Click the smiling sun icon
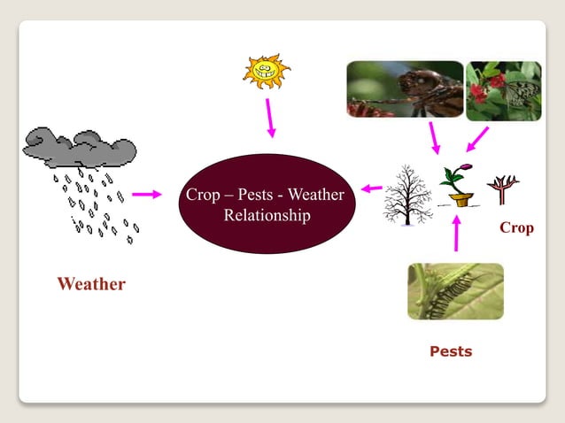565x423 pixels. [267, 71]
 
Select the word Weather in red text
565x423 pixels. [91, 284]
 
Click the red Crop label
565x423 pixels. [516, 227]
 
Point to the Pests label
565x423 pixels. [451, 351]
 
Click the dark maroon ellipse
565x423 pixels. [267, 204]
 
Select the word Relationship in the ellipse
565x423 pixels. [267, 216]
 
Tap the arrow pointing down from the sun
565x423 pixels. [268, 118]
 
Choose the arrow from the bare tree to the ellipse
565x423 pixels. [371, 188]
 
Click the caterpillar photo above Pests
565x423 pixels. [455, 291]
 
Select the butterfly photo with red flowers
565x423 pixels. [503, 90]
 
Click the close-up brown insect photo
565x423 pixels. [405, 89]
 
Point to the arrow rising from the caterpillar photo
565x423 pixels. [457, 233]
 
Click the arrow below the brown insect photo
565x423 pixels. [435, 138]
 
